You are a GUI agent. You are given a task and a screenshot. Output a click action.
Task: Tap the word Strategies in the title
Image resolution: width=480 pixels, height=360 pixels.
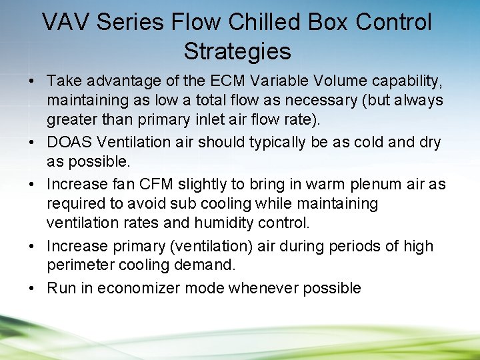point(237,51)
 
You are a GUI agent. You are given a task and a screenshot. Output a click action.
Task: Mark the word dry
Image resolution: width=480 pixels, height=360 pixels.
point(427,143)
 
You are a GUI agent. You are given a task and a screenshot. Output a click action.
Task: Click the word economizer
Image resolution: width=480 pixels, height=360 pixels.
point(135,288)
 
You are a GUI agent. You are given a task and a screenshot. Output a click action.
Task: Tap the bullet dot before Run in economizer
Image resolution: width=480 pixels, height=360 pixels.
point(33,288)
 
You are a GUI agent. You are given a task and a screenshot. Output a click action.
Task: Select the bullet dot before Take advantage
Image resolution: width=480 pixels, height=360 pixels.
point(33,81)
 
